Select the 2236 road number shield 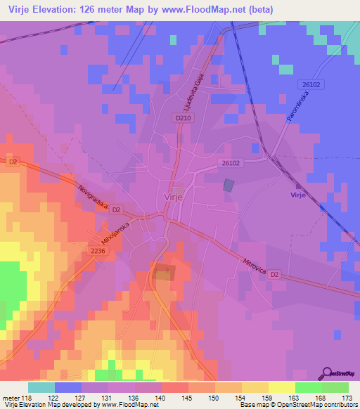pos(98,250)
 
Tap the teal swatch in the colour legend pos(41,387)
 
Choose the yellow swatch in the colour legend pos(282,387)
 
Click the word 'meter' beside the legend pos(11,397)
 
